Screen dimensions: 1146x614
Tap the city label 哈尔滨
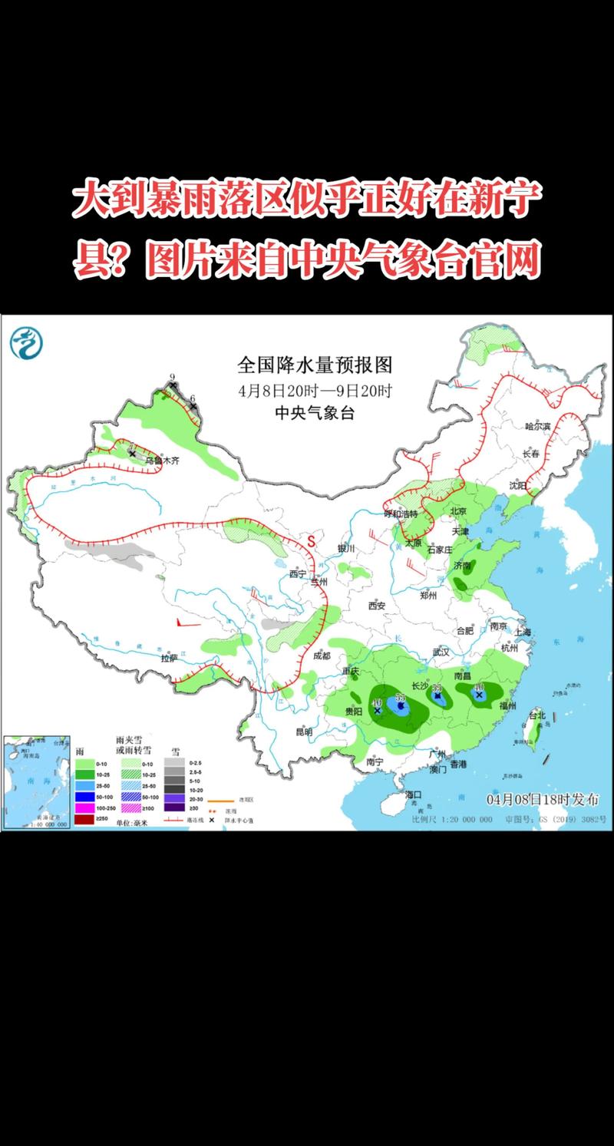(537, 425)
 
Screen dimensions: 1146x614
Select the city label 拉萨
(169, 658)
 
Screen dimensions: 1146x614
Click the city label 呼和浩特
(400, 514)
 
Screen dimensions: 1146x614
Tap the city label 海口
(414, 794)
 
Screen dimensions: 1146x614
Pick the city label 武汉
(441, 652)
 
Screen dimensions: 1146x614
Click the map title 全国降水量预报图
(315, 363)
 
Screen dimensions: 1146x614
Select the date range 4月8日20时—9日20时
(315, 390)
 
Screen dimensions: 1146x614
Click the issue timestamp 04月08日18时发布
(542, 799)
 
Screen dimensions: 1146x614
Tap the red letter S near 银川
(312, 540)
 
